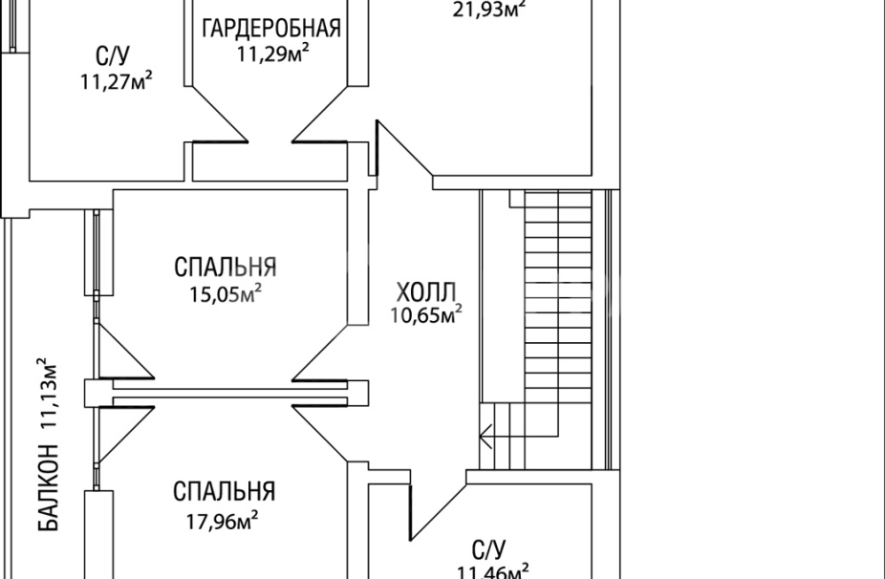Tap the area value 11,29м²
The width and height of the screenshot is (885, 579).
[272, 54]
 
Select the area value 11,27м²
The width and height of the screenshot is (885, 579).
[118, 81]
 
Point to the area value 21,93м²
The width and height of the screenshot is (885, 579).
[490, 8]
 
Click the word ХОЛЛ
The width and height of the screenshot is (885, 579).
[427, 291]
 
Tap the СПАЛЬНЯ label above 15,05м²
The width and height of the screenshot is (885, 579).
[226, 266]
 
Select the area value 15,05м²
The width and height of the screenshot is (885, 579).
[226, 291]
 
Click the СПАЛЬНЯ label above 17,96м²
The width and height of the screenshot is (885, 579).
[224, 492]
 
